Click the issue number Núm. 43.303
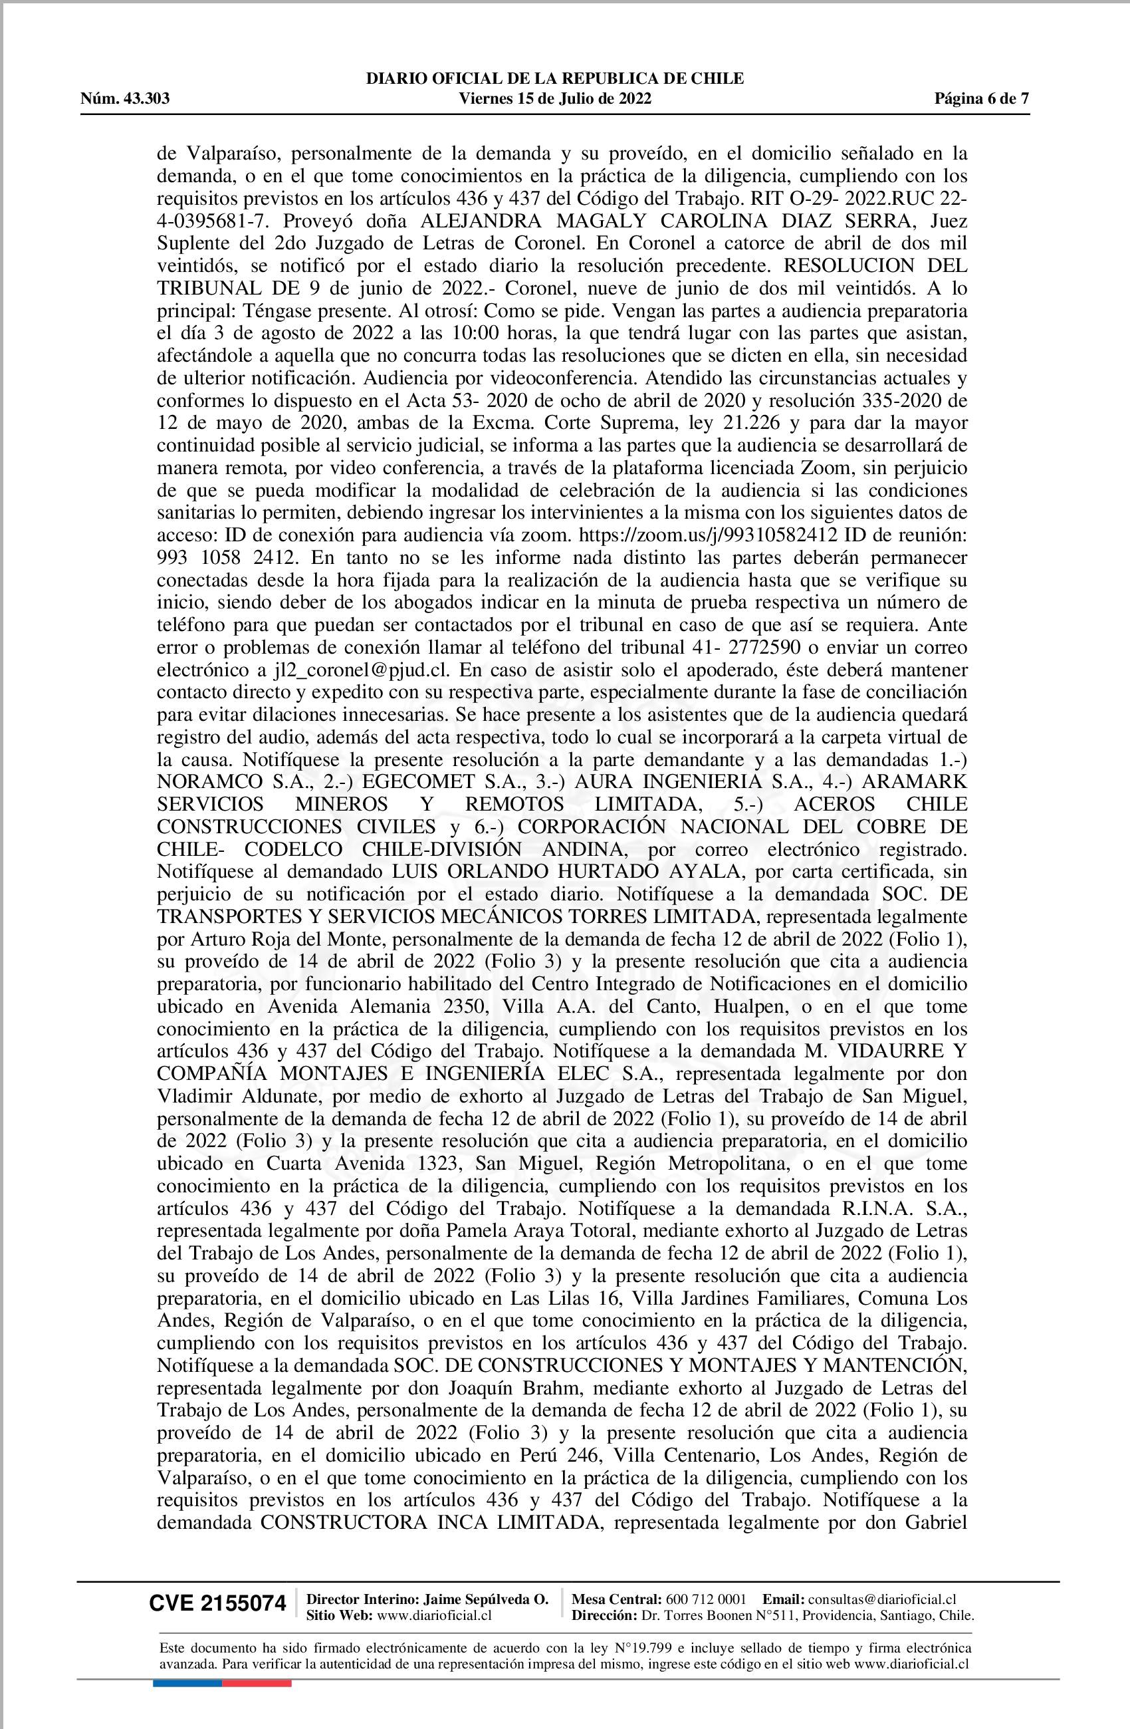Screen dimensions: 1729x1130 (125, 99)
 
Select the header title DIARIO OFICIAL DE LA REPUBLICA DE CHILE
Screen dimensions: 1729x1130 (555, 78)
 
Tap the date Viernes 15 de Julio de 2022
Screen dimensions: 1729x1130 (556, 99)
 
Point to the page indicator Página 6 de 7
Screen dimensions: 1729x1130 (982, 99)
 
